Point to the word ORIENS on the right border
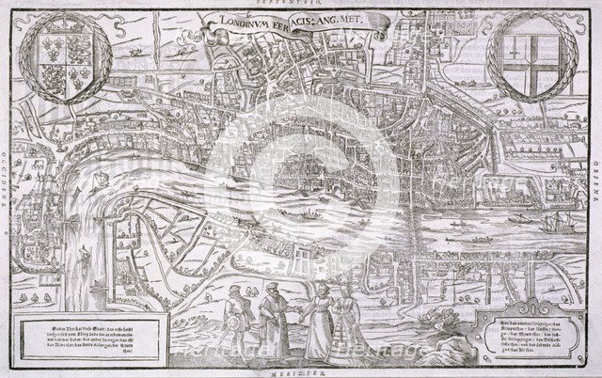594,189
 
